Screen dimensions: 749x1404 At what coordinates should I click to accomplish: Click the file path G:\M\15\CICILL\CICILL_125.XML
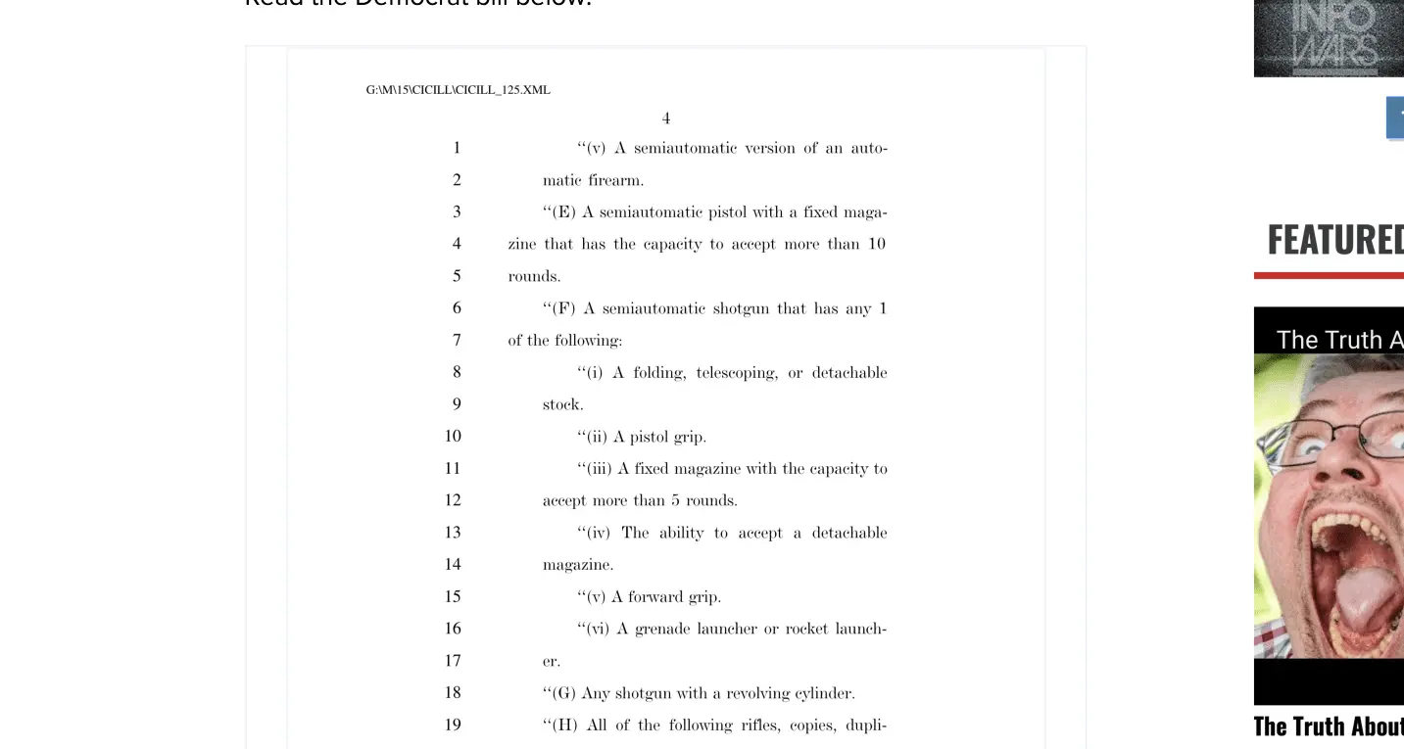pos(458,90)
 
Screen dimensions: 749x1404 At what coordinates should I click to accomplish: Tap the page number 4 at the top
pos(666,118)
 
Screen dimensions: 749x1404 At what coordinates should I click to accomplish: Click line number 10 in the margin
pos(453,437)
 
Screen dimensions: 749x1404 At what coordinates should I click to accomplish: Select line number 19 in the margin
pos(453,726)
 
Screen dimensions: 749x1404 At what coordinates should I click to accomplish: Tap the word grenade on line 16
pos(661,630)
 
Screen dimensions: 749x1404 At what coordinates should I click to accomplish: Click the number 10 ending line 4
pos(876,245)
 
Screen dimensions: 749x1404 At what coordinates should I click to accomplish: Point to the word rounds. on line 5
pos(534,277)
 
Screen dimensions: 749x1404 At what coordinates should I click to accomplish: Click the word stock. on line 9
pos(562,405)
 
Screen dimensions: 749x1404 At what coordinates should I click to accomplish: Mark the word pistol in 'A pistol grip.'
pos(650,437)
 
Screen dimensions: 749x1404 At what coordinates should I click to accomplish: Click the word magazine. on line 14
pos(578,565)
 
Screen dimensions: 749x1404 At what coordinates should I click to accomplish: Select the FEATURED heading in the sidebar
pos(1334,240)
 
